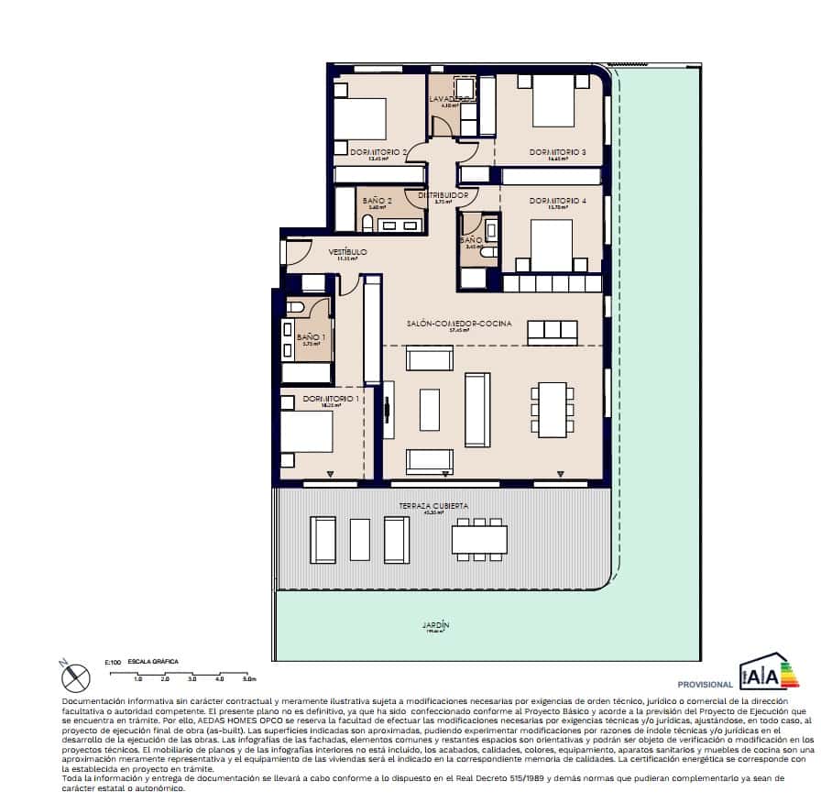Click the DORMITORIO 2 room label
378,151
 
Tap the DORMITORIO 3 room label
557,151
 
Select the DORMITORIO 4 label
557,200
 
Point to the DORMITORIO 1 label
331,399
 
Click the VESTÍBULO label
348,251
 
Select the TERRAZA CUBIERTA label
433,505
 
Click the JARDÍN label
435,625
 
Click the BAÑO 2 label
378,200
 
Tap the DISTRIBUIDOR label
443,195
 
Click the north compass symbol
76,676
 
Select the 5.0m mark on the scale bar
248,679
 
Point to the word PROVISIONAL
705,684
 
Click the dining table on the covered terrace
478,539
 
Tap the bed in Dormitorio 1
307,432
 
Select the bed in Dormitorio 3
553,101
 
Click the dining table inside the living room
552,409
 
